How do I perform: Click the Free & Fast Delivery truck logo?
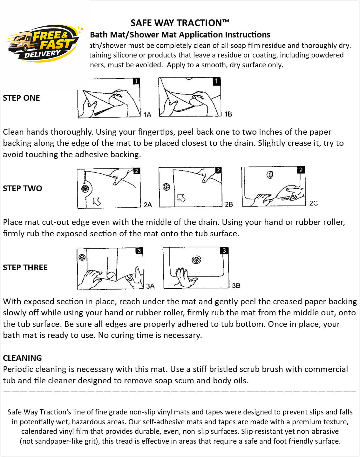pos(44,43)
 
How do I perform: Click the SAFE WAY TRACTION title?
pos(180,23)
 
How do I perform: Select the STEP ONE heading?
pos(22,98)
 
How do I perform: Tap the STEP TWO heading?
pos(23,188)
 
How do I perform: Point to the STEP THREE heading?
pos(25,267)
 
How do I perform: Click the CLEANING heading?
pos(23,358)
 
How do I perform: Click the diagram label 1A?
pos(147,115)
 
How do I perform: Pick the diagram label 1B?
pos(228,114)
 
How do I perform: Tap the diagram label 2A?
pos(148,205)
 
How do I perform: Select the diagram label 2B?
pos(229,204)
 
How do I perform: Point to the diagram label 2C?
pos(313,203)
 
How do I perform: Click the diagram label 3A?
pos(150,286)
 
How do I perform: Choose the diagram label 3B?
pos(236,286)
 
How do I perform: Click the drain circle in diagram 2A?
pos(85,189)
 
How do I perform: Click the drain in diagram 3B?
pos(196,260)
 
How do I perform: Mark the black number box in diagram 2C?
pos(301,170)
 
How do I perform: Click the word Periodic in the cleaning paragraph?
pos(18,369)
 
